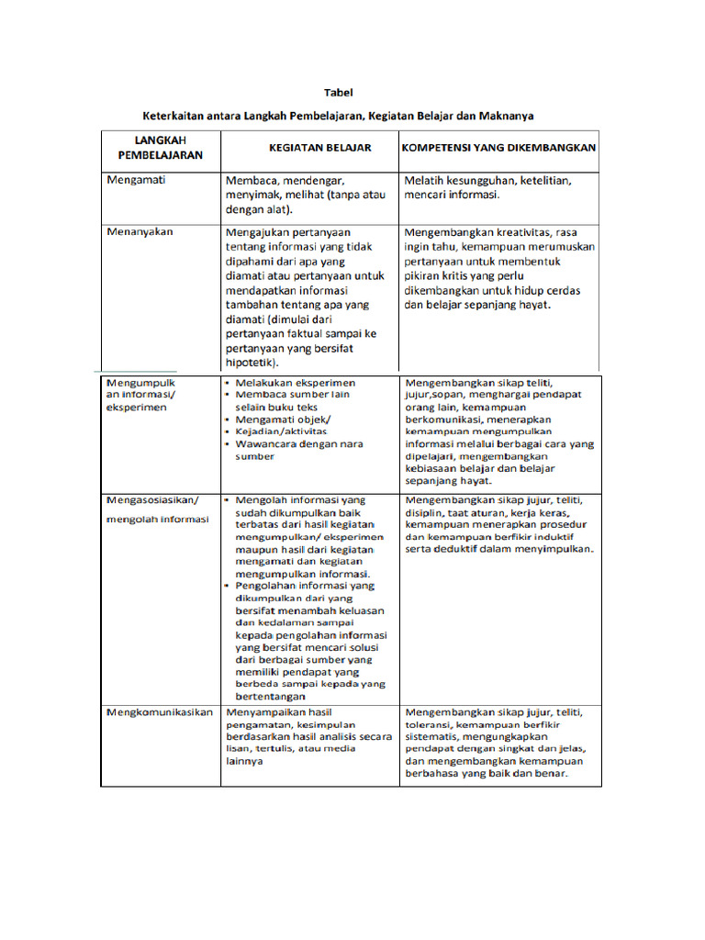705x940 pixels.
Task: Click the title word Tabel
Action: [x=339, y=93]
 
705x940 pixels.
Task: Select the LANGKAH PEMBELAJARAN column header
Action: [x=150, y=148]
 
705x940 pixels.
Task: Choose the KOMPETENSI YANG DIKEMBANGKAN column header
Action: [x=499, y=148]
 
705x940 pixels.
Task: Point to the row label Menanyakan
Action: [x=140, y=232]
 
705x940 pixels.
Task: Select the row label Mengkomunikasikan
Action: [x=160, y=712]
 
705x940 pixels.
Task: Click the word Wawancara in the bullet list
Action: [x=264, y=443]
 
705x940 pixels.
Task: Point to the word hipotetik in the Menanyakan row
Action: [x=253, y=363]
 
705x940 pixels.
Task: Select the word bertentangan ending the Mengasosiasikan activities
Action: [x=271, y=696]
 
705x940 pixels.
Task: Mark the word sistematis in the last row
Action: [x=433, y=736]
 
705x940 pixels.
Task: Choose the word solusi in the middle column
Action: [x=367, y=647]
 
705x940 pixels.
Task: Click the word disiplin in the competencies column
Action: [x=424, y=513]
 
